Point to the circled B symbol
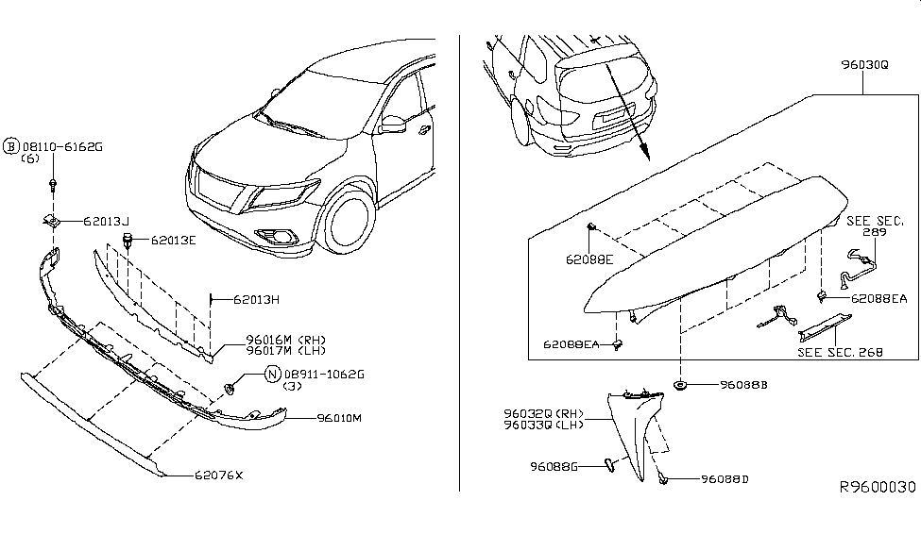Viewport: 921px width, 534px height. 11,147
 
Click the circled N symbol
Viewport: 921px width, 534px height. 272,374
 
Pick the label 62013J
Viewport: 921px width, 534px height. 105,221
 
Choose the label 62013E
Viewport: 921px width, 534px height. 174,240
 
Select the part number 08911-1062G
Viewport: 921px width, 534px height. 322,374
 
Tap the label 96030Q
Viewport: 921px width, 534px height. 864,65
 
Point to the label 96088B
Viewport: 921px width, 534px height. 743,385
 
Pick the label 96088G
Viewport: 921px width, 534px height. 554,465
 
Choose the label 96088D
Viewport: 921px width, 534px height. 725,479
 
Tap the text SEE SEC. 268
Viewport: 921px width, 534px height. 840,352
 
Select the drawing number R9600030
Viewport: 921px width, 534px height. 878,487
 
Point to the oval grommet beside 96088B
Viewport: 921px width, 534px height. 680,385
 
